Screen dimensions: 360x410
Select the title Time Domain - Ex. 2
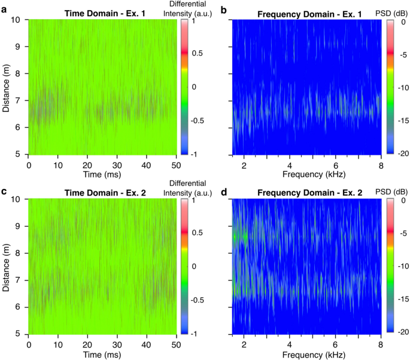coord(104,194)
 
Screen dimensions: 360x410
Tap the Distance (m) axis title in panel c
coord(7,266)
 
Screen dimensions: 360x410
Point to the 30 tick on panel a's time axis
coord(117,164)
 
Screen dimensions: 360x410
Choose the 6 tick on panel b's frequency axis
coord(336,164)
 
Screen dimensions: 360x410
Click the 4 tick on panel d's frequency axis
coord(290,345)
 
